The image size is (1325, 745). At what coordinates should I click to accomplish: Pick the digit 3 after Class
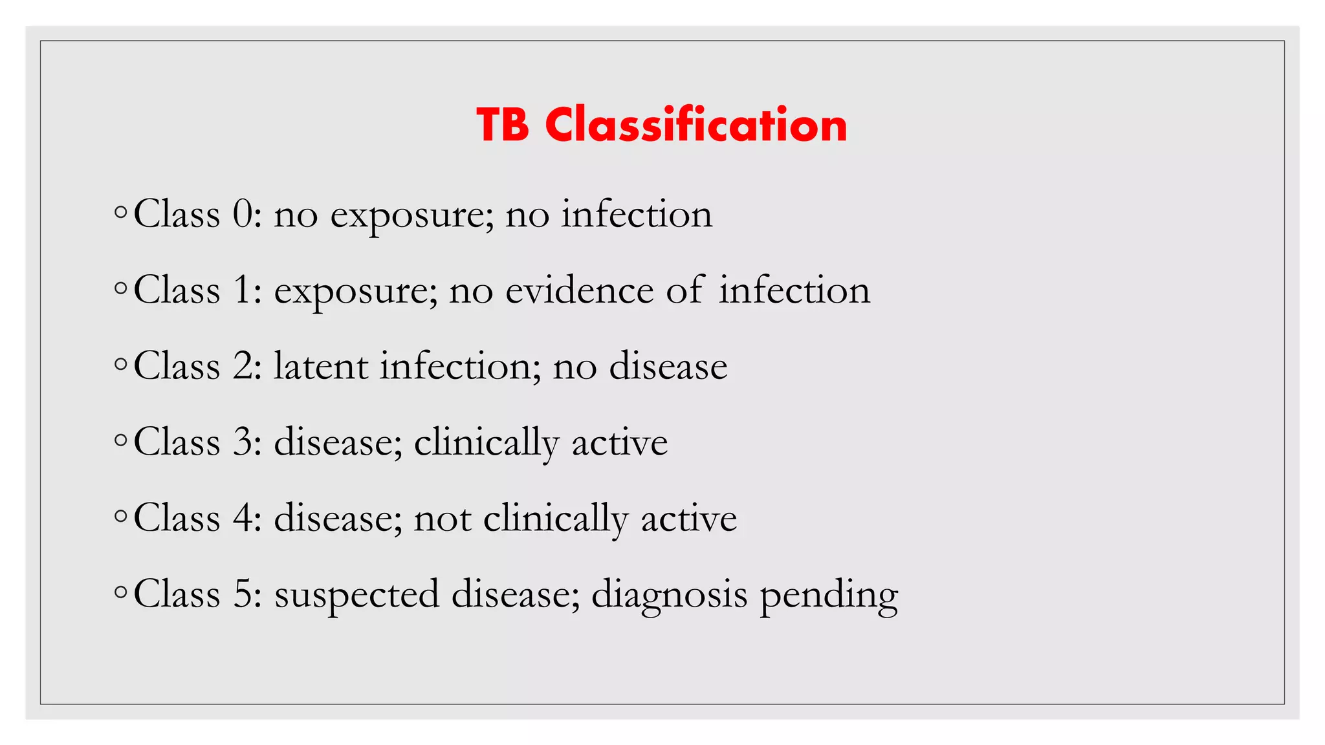click(243, 442)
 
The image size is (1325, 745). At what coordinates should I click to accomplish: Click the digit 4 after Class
click(243, 518)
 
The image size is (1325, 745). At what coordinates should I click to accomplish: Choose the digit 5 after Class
click(243, 594)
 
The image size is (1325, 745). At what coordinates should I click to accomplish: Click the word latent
click(322, 366)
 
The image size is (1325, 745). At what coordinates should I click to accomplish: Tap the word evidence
click(579, 290)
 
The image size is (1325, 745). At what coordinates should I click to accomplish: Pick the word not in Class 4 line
click(443, 519)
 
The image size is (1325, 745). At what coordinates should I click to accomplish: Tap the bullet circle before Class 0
click(120, 212)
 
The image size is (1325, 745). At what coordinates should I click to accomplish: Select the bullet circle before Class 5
click(120, 592)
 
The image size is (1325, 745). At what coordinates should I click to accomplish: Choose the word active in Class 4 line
click(688, 519)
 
